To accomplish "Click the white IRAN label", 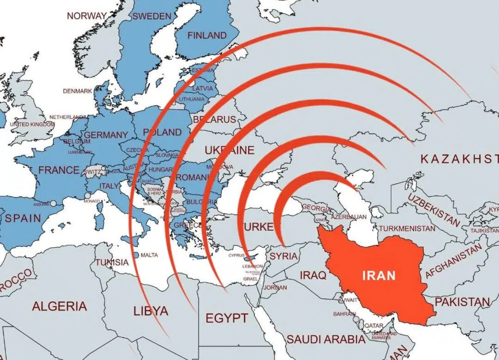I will pos(379,275).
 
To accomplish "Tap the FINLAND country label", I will pos(207,35).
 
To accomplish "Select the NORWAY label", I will pos(87,16).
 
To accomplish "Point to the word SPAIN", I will pos(23,218).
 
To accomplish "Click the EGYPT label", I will pos(226,318).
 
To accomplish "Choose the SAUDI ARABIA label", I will pos(325,339).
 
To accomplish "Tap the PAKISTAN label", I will pos(462,302).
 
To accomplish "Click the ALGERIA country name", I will pos(60,306).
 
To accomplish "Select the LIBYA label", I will pos(151,311).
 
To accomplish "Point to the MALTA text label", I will pos(149,255).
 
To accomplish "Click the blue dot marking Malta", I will pos(137,255).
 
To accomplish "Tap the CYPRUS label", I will pos(236,256).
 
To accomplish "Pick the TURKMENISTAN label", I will pos(407,228).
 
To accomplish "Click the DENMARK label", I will pos(77,91).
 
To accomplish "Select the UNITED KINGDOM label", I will pos(32,124).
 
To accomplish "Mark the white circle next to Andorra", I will pos(53,203).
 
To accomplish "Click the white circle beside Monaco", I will pos(87,196).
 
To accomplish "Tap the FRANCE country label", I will pos(59,170).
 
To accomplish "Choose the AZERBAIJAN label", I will pos(348,217).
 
